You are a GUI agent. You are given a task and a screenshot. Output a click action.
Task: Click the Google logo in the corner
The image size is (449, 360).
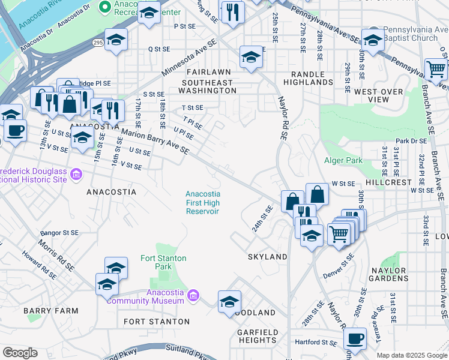[x=20, y=353]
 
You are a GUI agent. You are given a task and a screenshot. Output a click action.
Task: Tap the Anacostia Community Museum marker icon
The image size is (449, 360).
[x=193, y=296]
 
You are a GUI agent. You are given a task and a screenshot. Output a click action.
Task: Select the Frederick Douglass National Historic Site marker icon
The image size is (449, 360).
[x=76, y=175]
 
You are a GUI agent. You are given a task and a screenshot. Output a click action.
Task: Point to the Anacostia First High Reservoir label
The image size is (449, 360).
[x=202, y=202]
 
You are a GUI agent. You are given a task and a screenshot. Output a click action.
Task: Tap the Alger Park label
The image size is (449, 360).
[x=343, y=160]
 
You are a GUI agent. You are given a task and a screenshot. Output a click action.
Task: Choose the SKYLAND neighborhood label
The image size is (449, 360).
[x=268, y=257]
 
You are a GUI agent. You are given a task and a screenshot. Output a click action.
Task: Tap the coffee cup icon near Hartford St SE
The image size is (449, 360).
[x=355, y=338]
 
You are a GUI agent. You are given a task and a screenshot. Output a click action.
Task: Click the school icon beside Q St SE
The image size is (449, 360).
[x=116, y=40]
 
